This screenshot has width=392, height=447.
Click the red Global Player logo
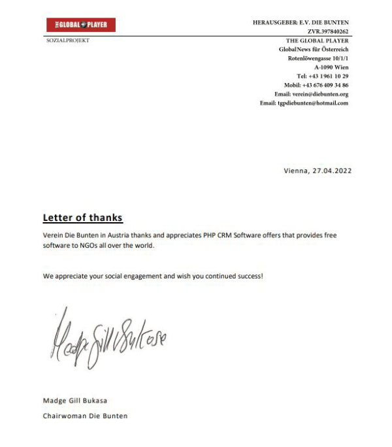point(81,25)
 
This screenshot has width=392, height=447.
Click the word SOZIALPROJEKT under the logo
point(68,41)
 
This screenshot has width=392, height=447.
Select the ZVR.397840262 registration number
point(328,31)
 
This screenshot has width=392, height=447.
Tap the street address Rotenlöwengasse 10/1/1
point(318,58)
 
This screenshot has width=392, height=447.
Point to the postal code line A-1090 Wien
point(331,67)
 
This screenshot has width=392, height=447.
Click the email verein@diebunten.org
point(320,94)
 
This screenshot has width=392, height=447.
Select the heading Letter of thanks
point(82,218)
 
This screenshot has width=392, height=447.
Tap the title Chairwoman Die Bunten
point(85,416)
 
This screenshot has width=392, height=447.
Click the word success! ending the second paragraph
point(248,276)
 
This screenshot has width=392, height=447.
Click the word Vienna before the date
point(295,171)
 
